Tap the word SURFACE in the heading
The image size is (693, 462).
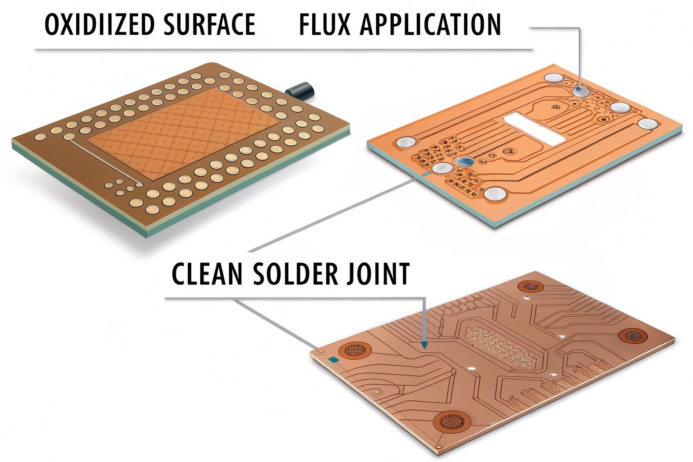[209, 25]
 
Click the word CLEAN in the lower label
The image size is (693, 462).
[208, 273]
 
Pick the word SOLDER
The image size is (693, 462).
[295, 273]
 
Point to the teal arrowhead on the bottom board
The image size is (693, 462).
[424, 345]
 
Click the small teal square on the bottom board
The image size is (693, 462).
[334, 359]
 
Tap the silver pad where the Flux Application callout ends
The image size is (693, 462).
[581, 92]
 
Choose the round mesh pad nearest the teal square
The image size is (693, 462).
[356, 351]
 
